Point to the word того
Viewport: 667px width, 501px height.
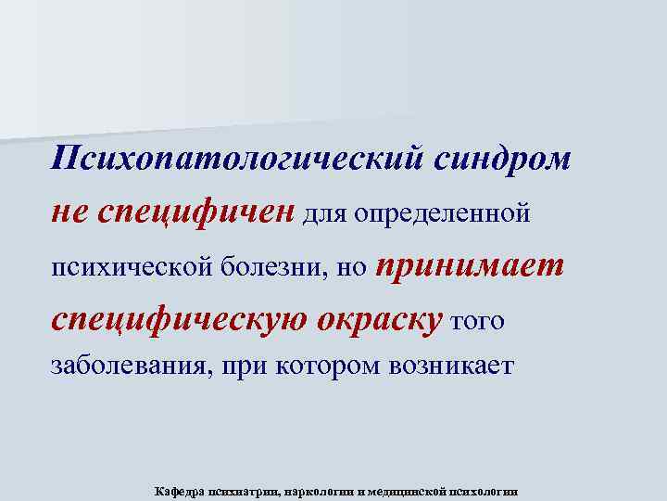click(476, 322)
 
